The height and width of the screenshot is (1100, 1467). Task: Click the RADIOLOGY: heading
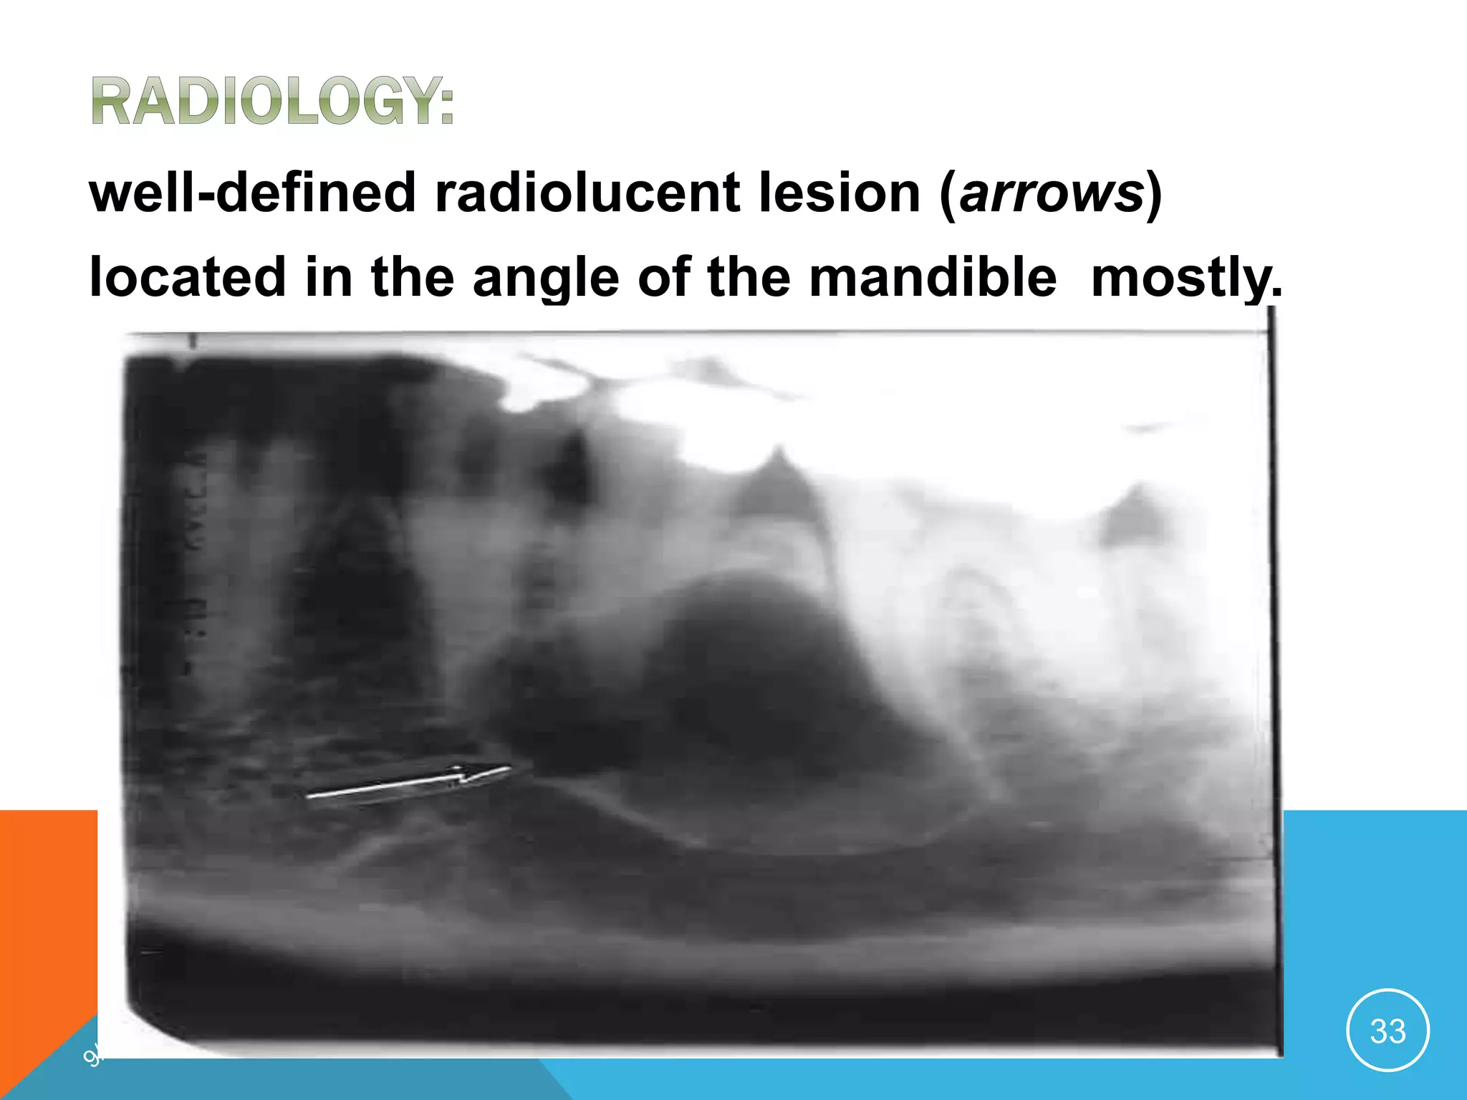[272, 102]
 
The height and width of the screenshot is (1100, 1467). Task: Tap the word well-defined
[252, 193]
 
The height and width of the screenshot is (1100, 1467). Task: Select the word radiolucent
[587, 193]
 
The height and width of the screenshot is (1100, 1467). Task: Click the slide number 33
[1387, 1031]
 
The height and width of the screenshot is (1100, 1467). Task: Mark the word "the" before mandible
[749, 277]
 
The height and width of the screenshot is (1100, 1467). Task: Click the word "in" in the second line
[329, 277]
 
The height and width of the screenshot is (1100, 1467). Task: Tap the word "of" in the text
[663, 277]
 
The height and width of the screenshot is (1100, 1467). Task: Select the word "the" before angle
[413, 277]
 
